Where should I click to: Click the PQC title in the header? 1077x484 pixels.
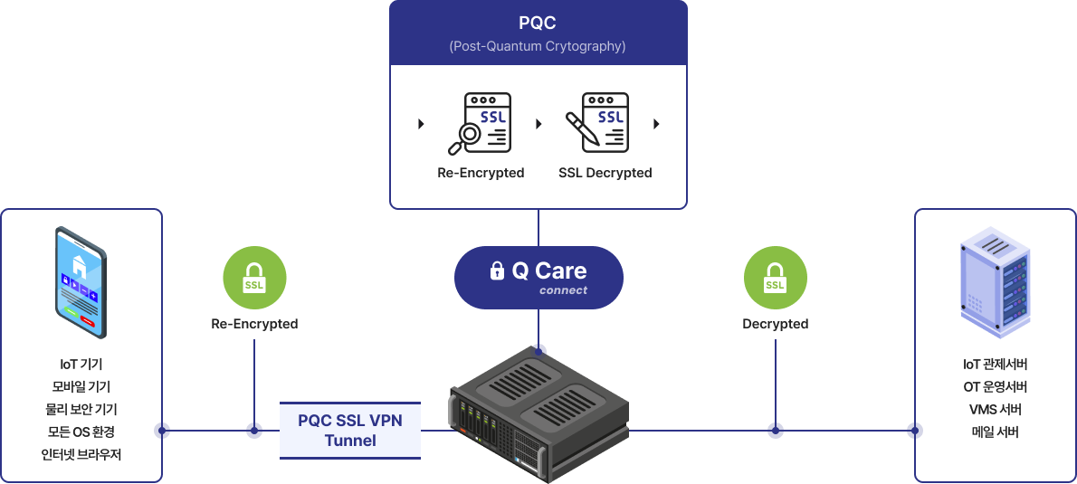coord(538,24)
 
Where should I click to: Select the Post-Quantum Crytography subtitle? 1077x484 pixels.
coord(538,46)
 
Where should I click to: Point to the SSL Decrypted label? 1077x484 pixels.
coord(605,173)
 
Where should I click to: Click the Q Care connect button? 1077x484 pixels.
coord(538,277)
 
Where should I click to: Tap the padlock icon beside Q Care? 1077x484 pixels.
coord(497,270)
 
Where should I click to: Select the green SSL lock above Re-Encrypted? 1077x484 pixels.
coord(254,278)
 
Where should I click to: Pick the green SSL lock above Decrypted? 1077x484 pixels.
coord(776,278)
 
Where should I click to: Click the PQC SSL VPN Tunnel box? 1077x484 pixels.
coord(350,430)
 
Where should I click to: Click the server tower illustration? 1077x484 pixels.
coord(995,282)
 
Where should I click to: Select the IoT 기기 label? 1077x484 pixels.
coord(81,365)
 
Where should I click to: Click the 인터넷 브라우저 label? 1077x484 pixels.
coord(81,454)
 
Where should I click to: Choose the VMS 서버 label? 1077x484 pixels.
coord(996,410)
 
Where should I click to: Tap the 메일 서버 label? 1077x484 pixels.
coord(996,432)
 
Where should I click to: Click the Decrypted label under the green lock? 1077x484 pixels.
coord(776,324)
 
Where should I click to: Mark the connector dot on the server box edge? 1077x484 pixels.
coord(915,431)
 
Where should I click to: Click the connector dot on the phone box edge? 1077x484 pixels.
coord(162,431)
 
